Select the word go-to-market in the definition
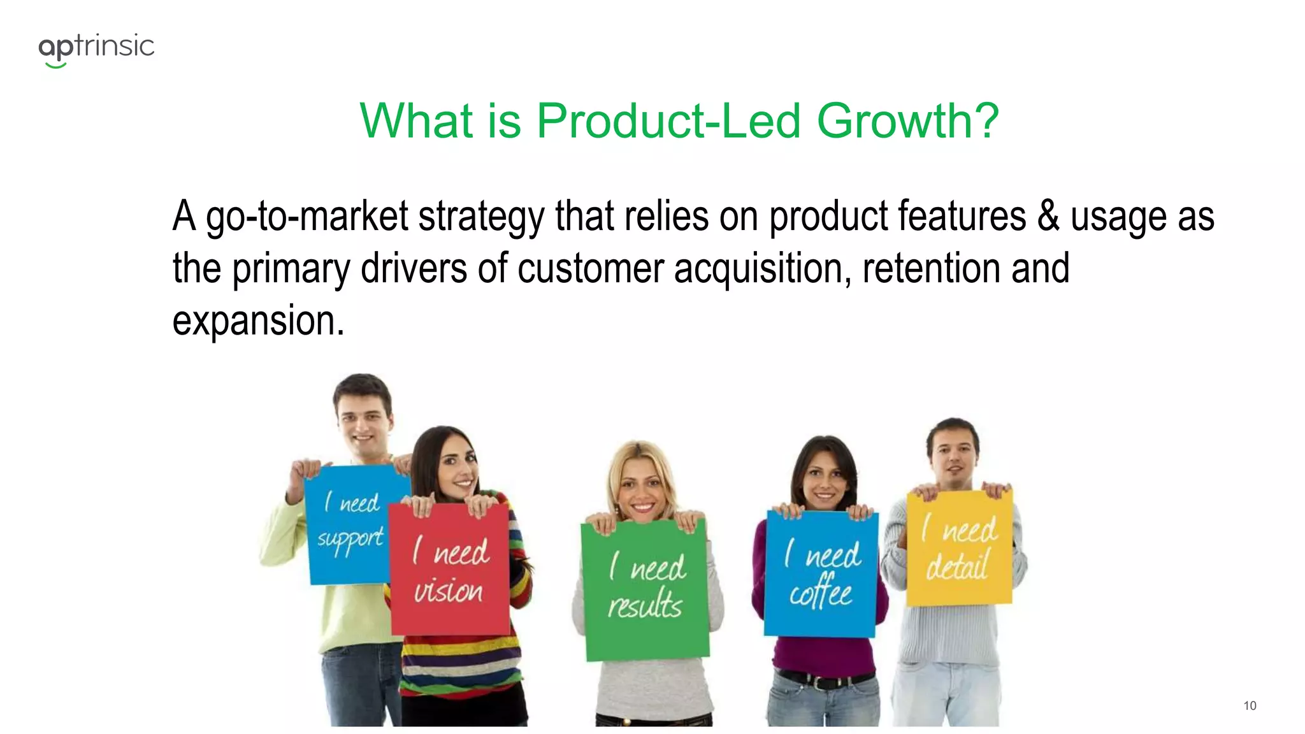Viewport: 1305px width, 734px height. [306, 217]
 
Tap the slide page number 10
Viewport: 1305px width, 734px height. [1250, 705]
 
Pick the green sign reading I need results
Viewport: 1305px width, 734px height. [645, 589]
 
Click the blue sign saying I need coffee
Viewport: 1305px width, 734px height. [821, 573]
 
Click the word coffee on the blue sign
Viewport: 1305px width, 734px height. [821, 592]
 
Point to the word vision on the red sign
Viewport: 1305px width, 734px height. [449, 591]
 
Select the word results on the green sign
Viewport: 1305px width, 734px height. [645, 605]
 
